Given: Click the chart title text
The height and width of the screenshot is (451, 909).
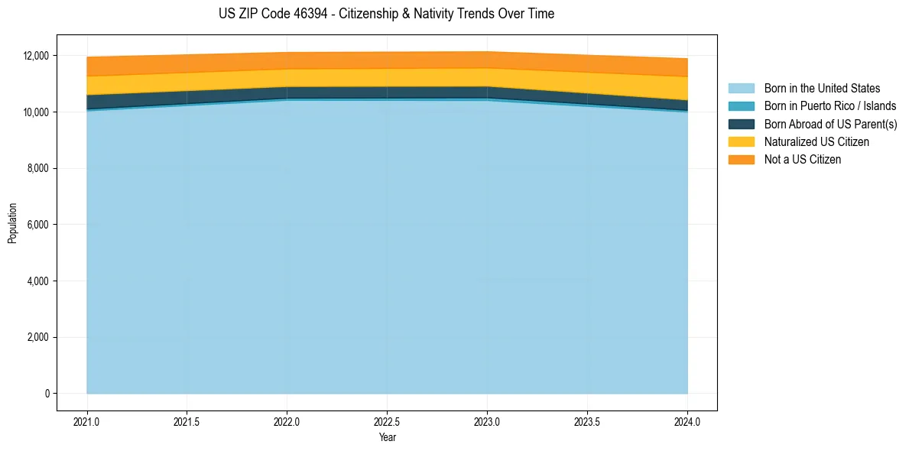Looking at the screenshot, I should pos(386,14).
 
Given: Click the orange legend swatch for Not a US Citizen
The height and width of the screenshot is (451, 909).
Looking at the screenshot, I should pos(741,160).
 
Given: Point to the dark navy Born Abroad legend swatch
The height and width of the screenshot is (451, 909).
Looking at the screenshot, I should pos(741,124).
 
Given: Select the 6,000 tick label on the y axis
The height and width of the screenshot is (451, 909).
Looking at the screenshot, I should pos(37,225).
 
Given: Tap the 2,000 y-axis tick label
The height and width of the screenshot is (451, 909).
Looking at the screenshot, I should pos(37,337).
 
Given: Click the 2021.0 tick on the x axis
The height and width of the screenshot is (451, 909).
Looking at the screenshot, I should pos(87,421).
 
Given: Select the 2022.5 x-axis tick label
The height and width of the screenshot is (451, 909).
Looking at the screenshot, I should pos(387,421).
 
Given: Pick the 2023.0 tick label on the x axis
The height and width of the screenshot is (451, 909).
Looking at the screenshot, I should pos(487,421).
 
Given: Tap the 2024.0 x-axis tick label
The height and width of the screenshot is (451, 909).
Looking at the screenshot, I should pos(687,421).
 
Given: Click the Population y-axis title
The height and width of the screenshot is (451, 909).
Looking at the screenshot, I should pos(12,223).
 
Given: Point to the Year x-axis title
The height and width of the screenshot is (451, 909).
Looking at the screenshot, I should pos(387,437).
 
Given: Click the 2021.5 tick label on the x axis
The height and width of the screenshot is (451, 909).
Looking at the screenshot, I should pos(187,421).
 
